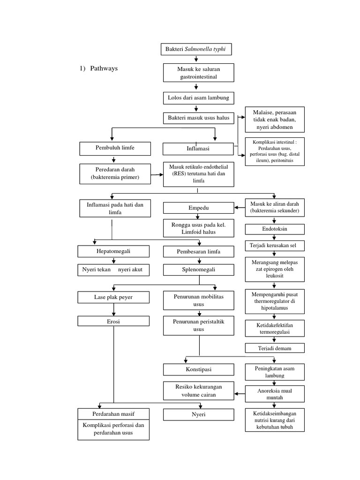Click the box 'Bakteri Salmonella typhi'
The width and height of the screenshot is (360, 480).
coord(196,49)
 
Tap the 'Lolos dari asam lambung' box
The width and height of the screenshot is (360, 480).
coord(198,97)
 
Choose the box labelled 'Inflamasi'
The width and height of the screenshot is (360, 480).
coord(198,149)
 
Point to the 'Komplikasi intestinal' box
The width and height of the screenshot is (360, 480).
coord(275,151)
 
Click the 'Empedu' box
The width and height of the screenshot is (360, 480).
coord(198,208)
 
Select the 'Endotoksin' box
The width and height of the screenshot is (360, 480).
coord(275,229)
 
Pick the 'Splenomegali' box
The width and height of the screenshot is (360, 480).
coord(198,270)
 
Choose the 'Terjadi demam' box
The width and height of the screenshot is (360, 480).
coord(275,348)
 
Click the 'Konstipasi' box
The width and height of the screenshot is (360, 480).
coord(198,370)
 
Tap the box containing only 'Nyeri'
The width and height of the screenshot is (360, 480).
coord(198,415)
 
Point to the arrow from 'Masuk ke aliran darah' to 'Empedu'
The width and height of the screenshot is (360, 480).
coord(240,204)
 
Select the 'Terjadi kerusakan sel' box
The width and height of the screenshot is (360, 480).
coord(275,246)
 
